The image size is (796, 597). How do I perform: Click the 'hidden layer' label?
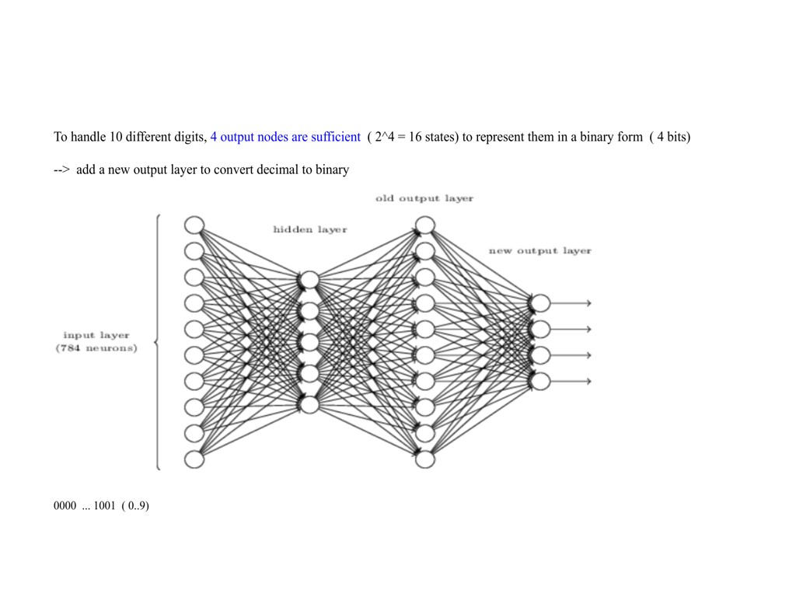(309, 229)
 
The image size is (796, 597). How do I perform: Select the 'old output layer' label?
(424, 198)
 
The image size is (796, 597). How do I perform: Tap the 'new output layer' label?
(539, 250)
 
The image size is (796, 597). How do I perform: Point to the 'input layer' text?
(96, 335)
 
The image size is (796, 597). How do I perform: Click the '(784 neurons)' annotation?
(96, 347)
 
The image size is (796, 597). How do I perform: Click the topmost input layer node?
(194, 225)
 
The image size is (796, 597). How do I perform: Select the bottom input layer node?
(194, 459)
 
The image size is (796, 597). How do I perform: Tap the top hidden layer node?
(309, 280)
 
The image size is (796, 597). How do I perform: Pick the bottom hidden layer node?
(309, 405)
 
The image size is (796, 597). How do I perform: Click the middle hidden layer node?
(309, 342)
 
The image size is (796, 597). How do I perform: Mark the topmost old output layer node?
(424, 225)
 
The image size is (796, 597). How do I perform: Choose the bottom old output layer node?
(424, 459)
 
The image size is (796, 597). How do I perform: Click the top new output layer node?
(540, 303)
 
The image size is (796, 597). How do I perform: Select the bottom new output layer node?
(540, 381)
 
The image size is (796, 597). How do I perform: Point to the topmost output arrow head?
(588, 303)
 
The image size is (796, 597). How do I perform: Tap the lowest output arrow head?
(588, 381)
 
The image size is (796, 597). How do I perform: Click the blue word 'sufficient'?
(335, 137)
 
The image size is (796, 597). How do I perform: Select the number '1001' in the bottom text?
(104, 506)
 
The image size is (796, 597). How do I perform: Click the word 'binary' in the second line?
(332, 169)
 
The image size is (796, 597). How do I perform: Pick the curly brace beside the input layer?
(159, 342)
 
